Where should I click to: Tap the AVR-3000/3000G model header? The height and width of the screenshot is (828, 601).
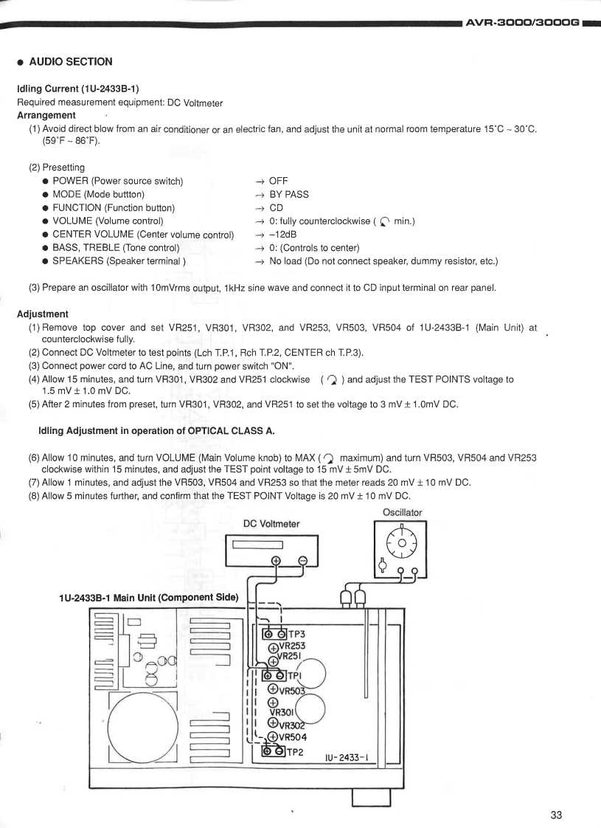[x=522, y=24]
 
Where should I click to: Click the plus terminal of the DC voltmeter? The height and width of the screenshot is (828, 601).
[x=277, y=561]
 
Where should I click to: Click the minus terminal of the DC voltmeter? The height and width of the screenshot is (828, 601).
[x=302, y=561]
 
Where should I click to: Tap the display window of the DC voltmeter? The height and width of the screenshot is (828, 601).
[x=258, y=545]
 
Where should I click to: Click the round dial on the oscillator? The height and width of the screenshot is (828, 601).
[x=400, y=545]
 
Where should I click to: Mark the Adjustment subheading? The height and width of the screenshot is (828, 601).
[x=44, y=314]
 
